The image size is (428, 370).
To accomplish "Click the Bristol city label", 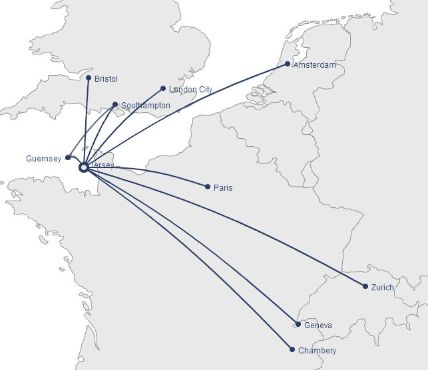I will [x=106, y=79].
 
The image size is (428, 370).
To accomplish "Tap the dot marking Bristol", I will [x=89, y=78].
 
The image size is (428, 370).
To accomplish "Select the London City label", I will [x=190, y=90].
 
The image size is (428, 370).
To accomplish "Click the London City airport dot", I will [x=163, y=88].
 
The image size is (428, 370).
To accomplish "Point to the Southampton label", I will [x=145, y=106].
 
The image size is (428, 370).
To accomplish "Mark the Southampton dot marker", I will [x=115, y=104].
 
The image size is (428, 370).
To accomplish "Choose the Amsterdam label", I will [x=314, y=65].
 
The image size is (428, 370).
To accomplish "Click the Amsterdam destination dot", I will [x=288, y=64].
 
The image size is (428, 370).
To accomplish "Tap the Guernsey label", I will [x=43, y=159].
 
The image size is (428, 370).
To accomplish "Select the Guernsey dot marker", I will [x=68, y=157].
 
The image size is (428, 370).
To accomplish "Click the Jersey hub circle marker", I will [x=84, y=167].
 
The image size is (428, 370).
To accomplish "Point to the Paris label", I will [x=223, y=188].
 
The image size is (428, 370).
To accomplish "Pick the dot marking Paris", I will [x=208, y=187].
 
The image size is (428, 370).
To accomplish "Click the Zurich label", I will [x=383, y=288].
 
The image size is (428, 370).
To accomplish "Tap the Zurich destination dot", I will [x=365, y=286].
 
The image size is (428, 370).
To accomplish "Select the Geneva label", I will [x=318, y=326].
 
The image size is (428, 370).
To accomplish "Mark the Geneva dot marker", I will [x=298, y=325].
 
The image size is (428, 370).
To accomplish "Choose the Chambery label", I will [x=317, y=351].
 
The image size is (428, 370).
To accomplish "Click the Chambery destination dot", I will [x=292, y=349].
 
